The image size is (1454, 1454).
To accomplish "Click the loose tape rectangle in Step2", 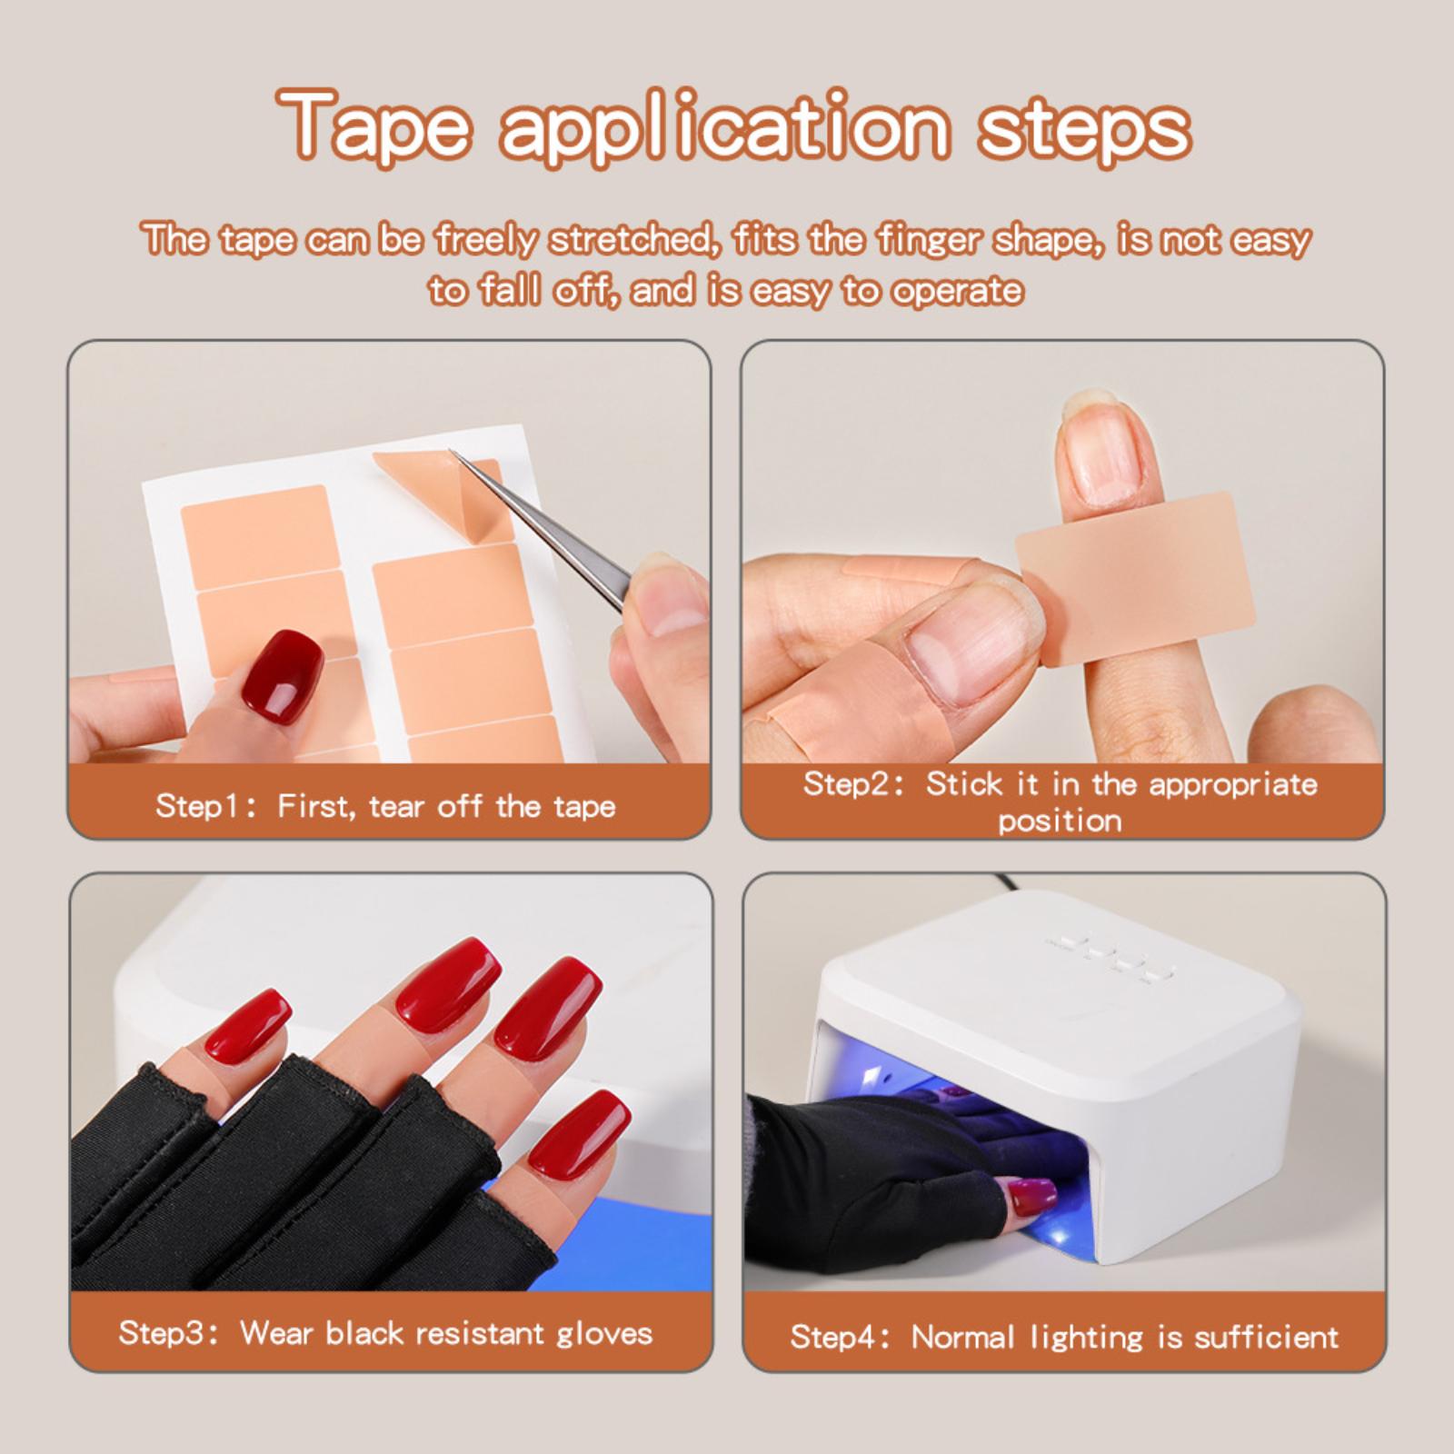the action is [1135, 578].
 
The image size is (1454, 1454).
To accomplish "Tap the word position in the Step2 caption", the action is [1060, 822].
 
